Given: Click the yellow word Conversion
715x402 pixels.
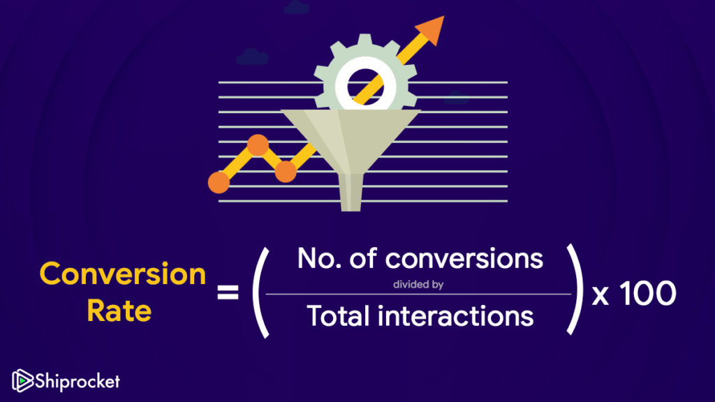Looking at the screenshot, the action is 123,274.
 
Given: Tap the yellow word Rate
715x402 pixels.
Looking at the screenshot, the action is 119,311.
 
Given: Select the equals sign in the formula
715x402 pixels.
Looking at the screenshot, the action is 228,292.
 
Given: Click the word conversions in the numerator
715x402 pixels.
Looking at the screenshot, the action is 464,259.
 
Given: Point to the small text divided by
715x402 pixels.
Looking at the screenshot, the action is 418,285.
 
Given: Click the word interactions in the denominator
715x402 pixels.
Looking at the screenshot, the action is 455,316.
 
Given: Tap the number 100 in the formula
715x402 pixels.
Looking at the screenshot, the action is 648,293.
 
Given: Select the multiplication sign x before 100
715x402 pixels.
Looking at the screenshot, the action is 600,296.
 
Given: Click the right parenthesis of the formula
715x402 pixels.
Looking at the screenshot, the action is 576,289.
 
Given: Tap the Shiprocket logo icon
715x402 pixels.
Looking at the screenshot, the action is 22,380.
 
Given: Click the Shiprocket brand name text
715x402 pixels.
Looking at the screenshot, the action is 78,381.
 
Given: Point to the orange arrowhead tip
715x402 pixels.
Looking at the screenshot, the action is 443,17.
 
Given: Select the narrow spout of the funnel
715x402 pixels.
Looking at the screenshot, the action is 351,193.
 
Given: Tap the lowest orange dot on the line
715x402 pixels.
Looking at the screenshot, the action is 219,182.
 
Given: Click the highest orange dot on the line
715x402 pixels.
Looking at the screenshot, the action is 258,145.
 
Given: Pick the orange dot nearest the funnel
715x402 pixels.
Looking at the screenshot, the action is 286,172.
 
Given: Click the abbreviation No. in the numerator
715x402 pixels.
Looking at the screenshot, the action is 319,258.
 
